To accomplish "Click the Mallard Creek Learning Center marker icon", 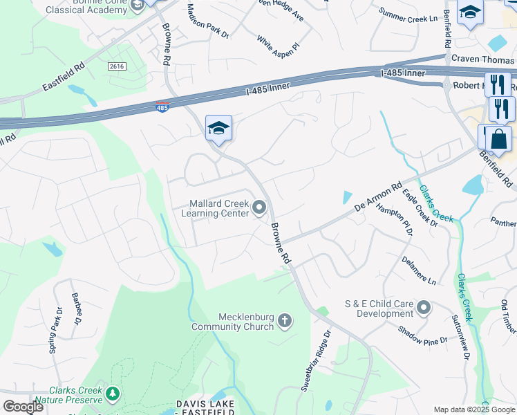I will [260, 207].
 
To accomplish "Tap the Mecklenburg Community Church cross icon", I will [285, 321].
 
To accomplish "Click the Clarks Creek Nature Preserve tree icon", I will [113, 394].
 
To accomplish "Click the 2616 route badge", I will [116, 66].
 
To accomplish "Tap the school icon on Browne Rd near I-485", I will [218, 129].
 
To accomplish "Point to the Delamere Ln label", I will [419, 270].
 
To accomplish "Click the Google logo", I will [23, 407].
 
